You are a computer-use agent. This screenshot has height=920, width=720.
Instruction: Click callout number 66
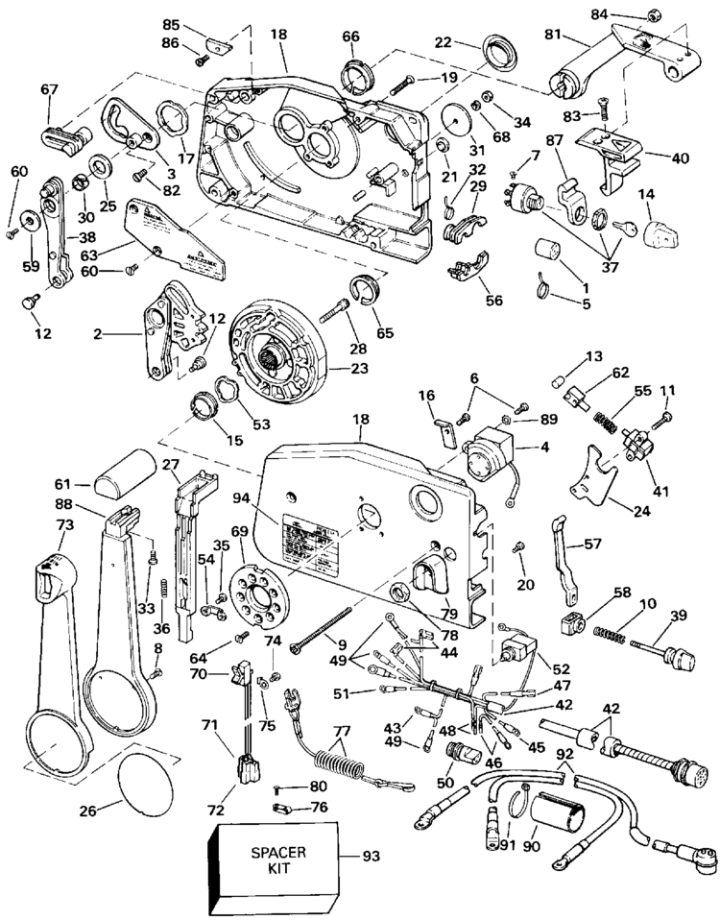[350, 37]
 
